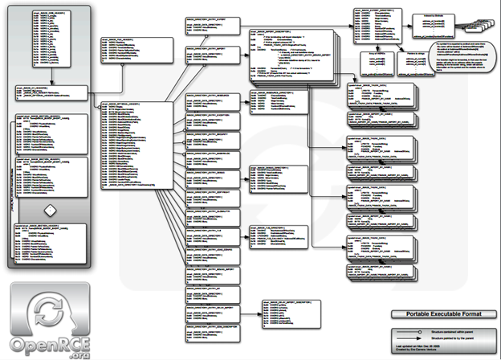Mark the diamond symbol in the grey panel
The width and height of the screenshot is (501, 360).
[49, 210]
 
